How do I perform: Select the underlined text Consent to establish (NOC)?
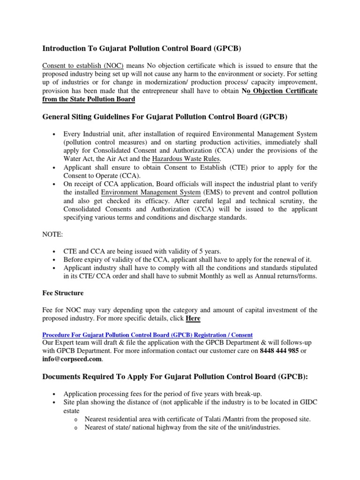tap(82, 66)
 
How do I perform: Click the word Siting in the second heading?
tap(88, 116)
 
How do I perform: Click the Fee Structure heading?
tap(63, 293)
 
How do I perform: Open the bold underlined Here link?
tap(193, 319)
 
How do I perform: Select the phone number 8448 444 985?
tap(279, 351)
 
